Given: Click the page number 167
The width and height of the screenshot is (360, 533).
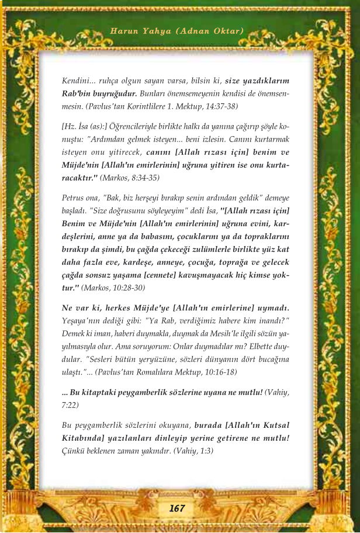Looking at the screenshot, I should (x=176, y=508).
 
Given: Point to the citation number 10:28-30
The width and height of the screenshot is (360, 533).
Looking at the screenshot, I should (x=126, y=288).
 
